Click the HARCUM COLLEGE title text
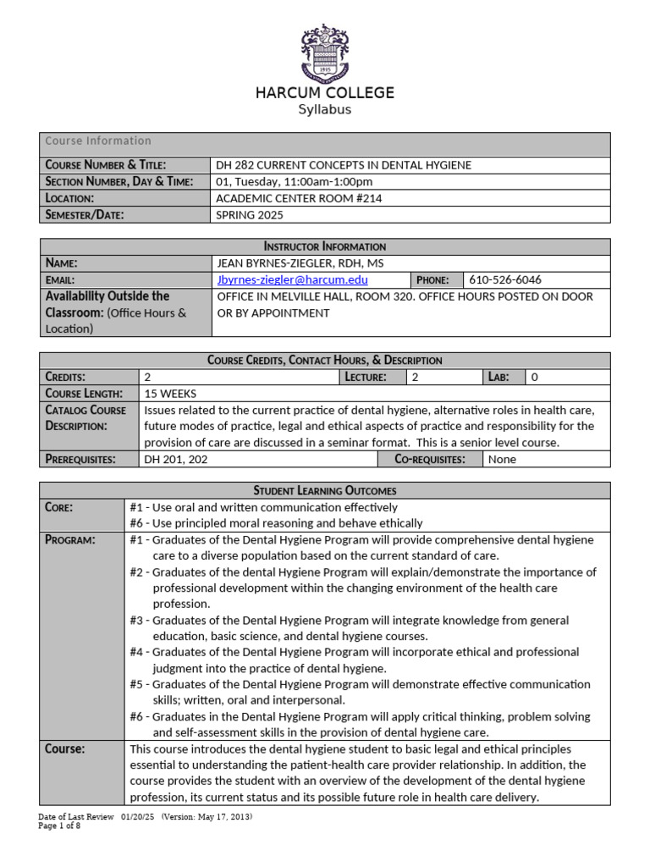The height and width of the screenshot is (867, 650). click(325, 93)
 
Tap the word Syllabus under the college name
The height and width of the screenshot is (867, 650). click(325, 110)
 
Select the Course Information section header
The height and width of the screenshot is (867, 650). click(98, 141)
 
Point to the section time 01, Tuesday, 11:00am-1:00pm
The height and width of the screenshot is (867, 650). click(295, 181)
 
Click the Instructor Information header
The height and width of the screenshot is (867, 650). click(325, 246)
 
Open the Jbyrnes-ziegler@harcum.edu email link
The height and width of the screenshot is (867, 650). click(293, 279)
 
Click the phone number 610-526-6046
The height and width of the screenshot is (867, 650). click(506, 279)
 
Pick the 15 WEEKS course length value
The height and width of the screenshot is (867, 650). click(170, 393)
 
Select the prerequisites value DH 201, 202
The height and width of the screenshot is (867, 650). click(176, 459)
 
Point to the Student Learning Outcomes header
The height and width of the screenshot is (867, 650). click(325, 490)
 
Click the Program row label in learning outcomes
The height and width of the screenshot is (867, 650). click(70, 539)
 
